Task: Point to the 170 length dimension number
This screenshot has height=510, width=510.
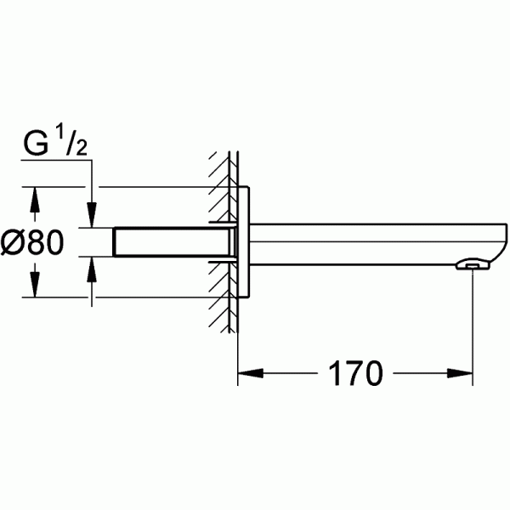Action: [x=353, y=372]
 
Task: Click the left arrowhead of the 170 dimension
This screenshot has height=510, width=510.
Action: [x=247, y=372]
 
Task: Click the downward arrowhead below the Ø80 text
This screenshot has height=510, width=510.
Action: [x=34, y=287]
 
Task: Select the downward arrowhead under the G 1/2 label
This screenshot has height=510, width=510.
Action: [x=91, y=216]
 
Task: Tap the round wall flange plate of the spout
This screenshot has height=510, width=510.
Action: [x=245, y=241]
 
